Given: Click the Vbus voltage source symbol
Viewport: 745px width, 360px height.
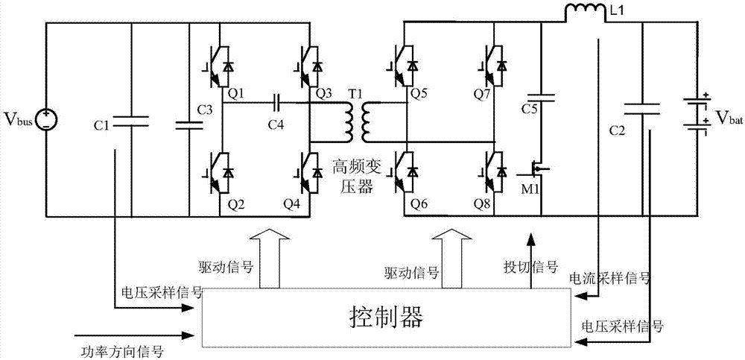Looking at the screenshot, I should point(46,119).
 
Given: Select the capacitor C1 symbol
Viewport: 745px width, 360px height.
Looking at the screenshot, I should point(131,120).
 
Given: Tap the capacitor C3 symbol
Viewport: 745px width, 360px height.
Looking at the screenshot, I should point(190,120).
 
